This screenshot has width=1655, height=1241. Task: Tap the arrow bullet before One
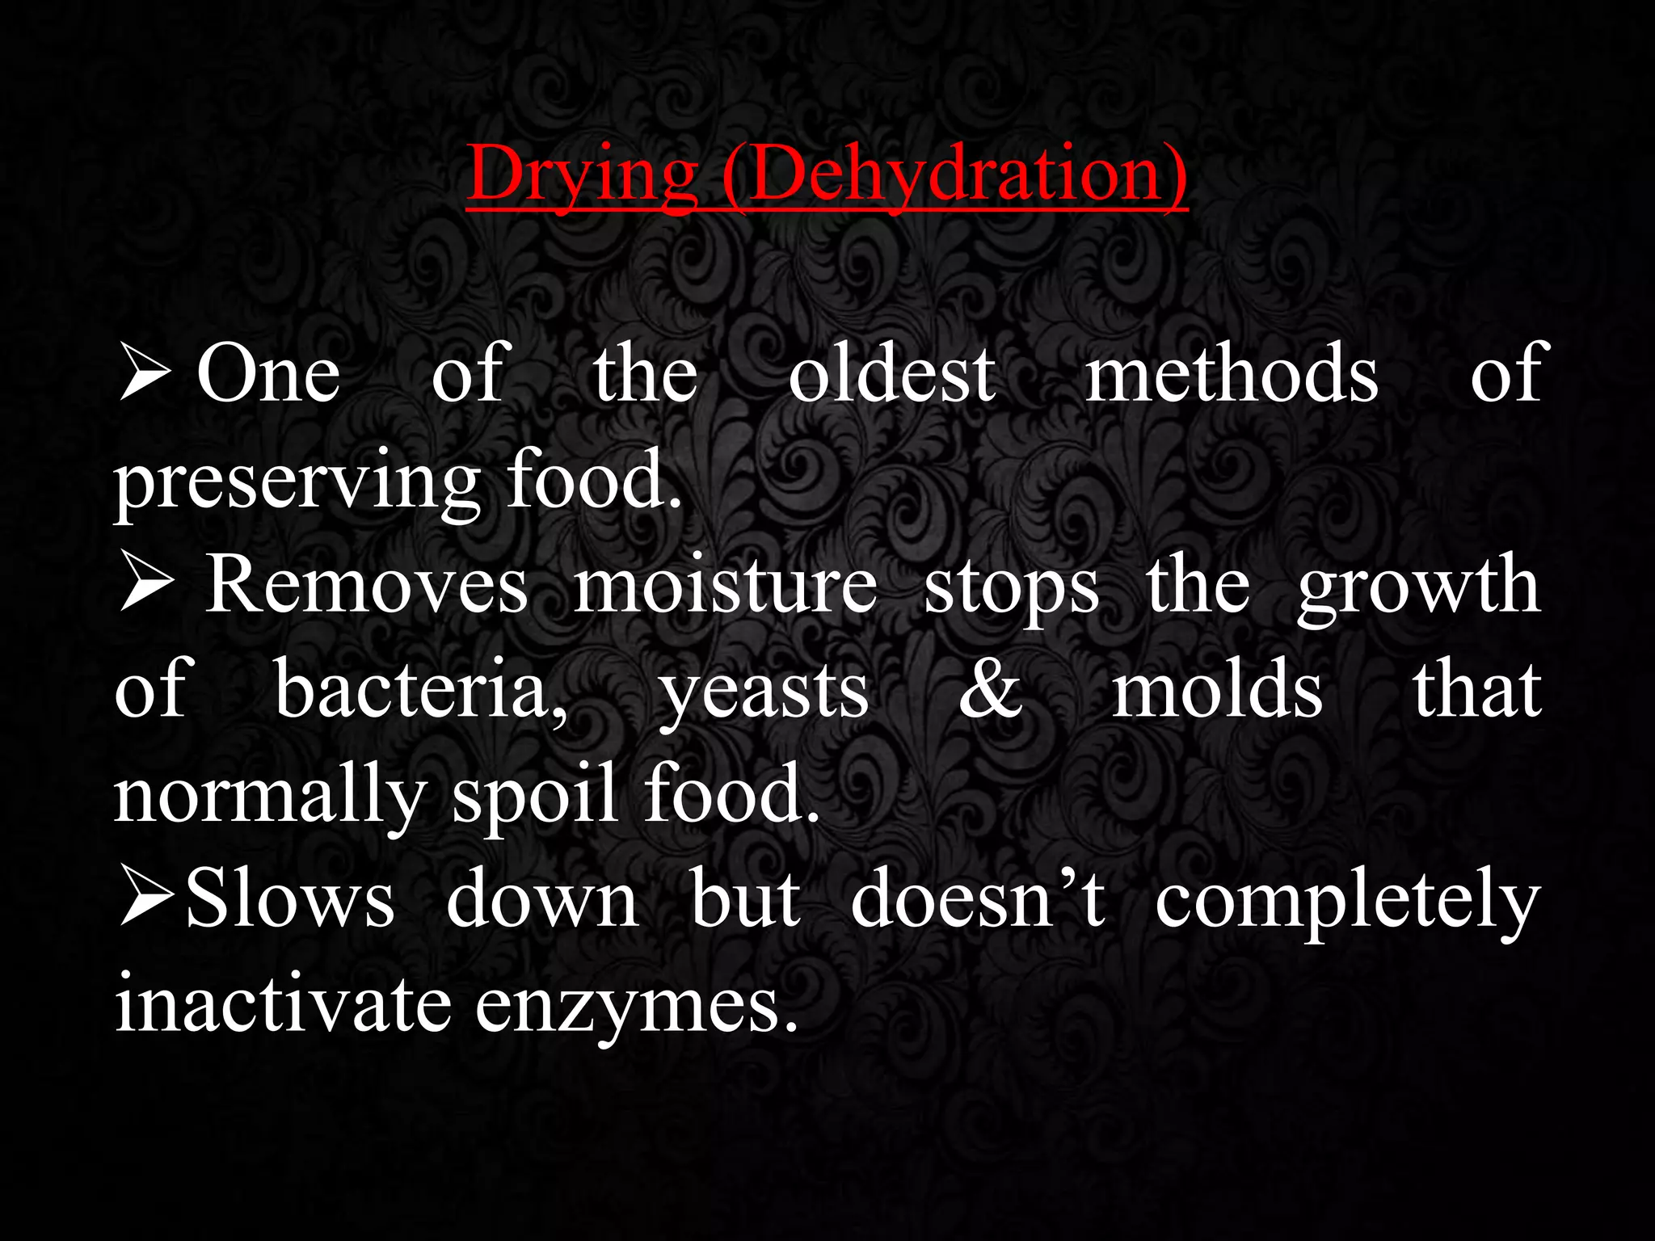144,372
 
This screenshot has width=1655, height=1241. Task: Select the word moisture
725,586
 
